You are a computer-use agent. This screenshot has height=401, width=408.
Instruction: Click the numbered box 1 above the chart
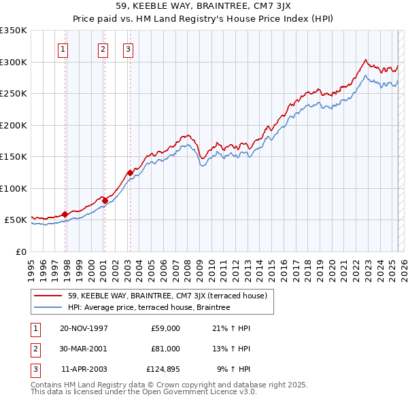click(x=63, y=48)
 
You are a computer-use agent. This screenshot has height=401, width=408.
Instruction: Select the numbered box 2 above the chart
click(x=102, y=48)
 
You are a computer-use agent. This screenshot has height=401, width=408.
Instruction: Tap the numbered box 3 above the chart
click(x=128, y=48)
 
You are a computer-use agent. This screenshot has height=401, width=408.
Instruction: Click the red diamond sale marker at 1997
click(x=65, y=214)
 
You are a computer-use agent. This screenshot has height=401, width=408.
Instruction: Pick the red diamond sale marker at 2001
click(x=105, y=201)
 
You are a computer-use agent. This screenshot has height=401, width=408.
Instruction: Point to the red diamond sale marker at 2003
click(x=130, y=173)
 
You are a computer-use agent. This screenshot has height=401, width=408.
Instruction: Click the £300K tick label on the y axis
click(x=14, y=62)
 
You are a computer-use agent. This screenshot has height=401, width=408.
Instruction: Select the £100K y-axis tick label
click(x=14, y=188)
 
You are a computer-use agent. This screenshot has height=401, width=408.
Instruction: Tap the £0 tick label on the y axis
click(x=21, y=251)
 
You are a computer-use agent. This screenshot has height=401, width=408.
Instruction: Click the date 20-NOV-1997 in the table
click(x=84, y=328)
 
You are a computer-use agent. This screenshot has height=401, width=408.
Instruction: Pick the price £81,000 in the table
click(x=165, y=349)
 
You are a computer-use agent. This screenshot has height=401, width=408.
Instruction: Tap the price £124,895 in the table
click(x=163, y=369)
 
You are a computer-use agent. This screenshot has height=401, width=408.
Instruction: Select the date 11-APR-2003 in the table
click(x=84, y=369)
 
